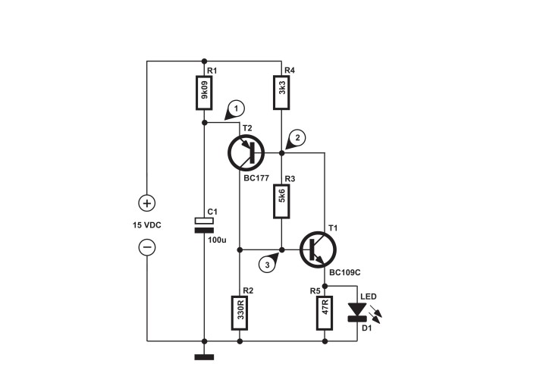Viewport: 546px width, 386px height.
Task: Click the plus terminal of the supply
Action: pyautogui.click(x=147, y=203)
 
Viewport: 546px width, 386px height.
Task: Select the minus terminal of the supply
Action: pyautogui.click(x=147, y=248)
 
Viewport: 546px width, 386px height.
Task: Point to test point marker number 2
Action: pyautogui.click(x=298, y=137)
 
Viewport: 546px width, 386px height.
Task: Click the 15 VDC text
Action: pyautogui.click(x=147, y=226)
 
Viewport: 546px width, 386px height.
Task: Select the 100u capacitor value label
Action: pyautogui.click(x=217, y=240)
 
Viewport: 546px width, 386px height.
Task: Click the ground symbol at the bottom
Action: pyautogui.click(x=204, y=356)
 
